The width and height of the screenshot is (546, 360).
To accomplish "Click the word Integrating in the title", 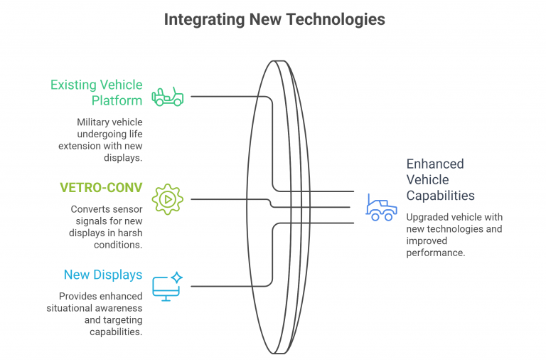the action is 205,20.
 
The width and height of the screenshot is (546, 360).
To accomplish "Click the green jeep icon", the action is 168,97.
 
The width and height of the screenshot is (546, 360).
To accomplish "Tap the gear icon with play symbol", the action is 168,199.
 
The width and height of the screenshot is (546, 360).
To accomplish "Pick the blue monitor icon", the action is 167,287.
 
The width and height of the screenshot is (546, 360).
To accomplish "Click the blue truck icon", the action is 381,208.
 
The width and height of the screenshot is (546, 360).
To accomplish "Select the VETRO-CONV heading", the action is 101,188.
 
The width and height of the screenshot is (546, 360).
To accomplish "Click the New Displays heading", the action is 103,275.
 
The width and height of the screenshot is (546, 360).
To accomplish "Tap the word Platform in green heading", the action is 117,101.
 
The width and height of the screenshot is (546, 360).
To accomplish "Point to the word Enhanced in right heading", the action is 435,164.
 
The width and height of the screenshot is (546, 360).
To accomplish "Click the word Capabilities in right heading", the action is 440,196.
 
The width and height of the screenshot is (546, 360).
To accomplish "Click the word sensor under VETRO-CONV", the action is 127,209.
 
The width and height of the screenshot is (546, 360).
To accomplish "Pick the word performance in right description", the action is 436,253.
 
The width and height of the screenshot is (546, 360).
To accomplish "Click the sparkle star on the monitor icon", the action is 177,277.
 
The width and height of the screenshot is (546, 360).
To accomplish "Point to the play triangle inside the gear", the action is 168,200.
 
